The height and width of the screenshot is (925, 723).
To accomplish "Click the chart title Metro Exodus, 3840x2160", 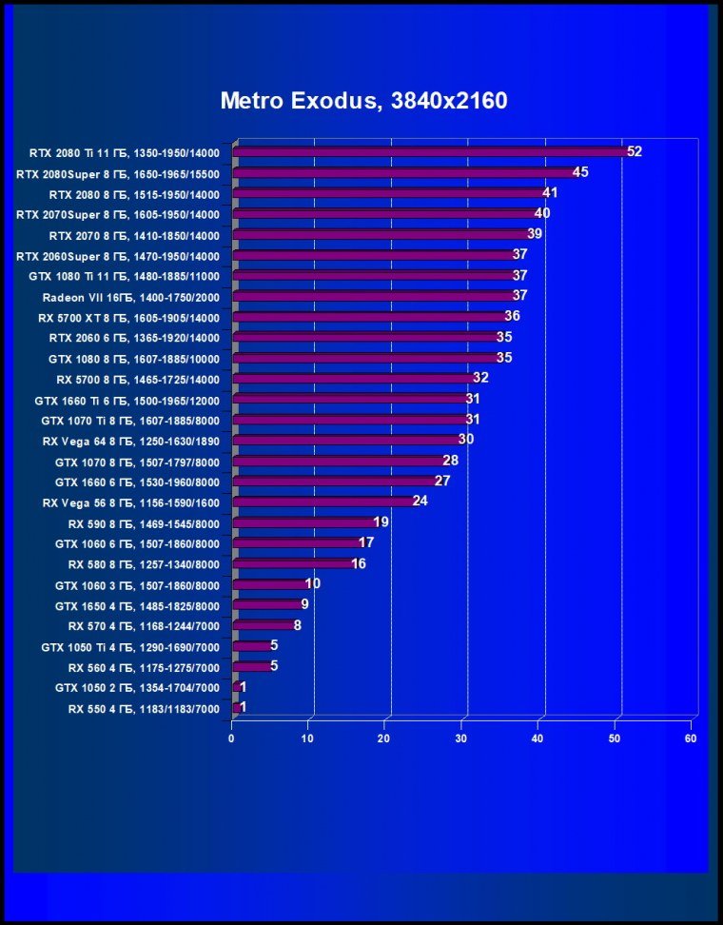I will [x=363, y=102].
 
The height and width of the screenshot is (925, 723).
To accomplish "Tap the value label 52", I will [x=635, y=152].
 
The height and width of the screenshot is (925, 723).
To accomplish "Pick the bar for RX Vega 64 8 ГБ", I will [x=346, y=441].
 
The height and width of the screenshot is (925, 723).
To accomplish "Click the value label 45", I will [x=580, y=172].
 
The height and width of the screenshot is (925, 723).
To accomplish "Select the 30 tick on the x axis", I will [x=461, y=738].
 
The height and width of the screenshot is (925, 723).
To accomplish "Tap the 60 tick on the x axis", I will [x=691, y=738].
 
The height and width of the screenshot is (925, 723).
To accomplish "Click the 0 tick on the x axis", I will [x=232, y=738].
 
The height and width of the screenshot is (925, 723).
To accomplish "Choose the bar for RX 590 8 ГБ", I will [x=304, y=522].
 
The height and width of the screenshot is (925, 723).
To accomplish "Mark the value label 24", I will [x=420, y=502].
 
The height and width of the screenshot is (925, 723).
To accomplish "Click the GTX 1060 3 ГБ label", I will [x=137, y=585].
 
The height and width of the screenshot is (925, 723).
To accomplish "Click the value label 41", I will [x=550, y=193].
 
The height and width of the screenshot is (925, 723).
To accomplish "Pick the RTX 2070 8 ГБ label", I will [x=134, y=235].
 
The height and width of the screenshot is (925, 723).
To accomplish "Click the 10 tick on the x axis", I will [x=308, y=738].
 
